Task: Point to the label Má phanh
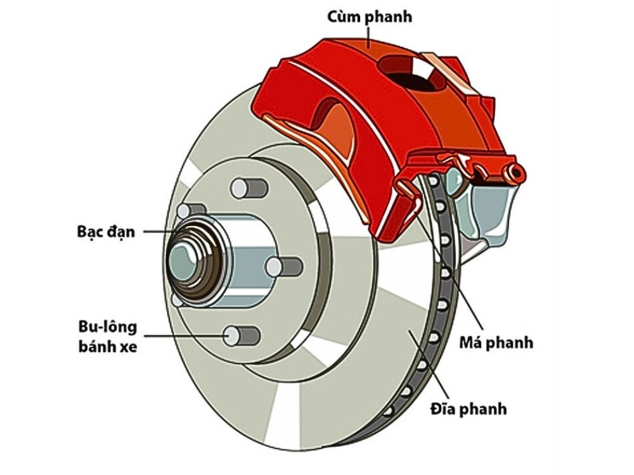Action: click(x=495, y=343)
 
